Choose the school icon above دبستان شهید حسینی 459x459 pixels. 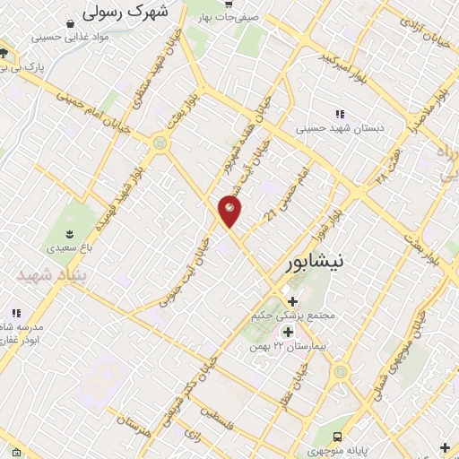pyautogui.click(x=339, y=113)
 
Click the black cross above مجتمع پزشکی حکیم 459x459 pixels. pyautogui.click(x=293, y=301)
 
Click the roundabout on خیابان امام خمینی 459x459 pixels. pyautogui.click(x=160, y=141)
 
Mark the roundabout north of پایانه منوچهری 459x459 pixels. pyautogui.click(x=340, y=371)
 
